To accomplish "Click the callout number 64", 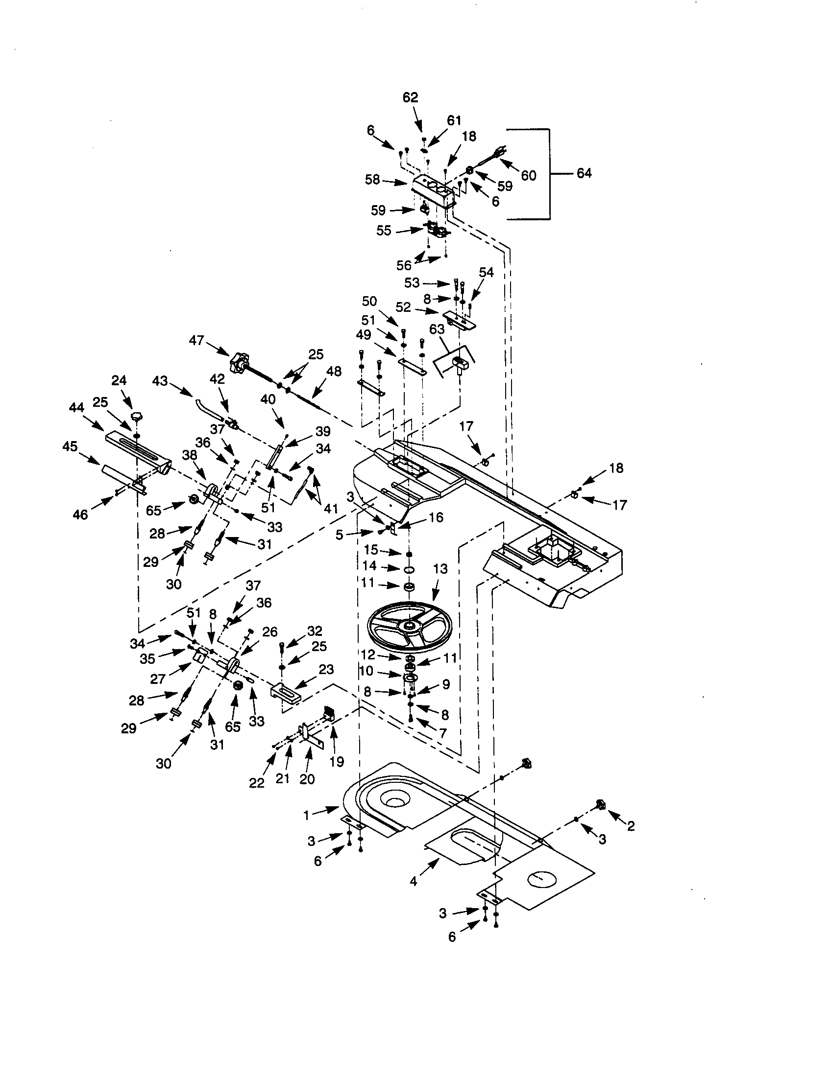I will click(x=584, y=173).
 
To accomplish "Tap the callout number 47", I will click(x=196, y=340).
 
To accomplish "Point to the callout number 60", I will click(x=528, y=176).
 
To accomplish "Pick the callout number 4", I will click(x=413, y=881).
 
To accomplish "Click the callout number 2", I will click(x=630, y=826).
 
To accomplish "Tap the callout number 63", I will click(x=437, y=329).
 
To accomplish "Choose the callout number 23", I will click(x=326, y=669).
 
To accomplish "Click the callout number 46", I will click(x=80, y=515).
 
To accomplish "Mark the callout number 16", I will click(x=436, y=517).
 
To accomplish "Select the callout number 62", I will click(x=410, y=97).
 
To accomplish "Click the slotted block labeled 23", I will click(x=285, y=690).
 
